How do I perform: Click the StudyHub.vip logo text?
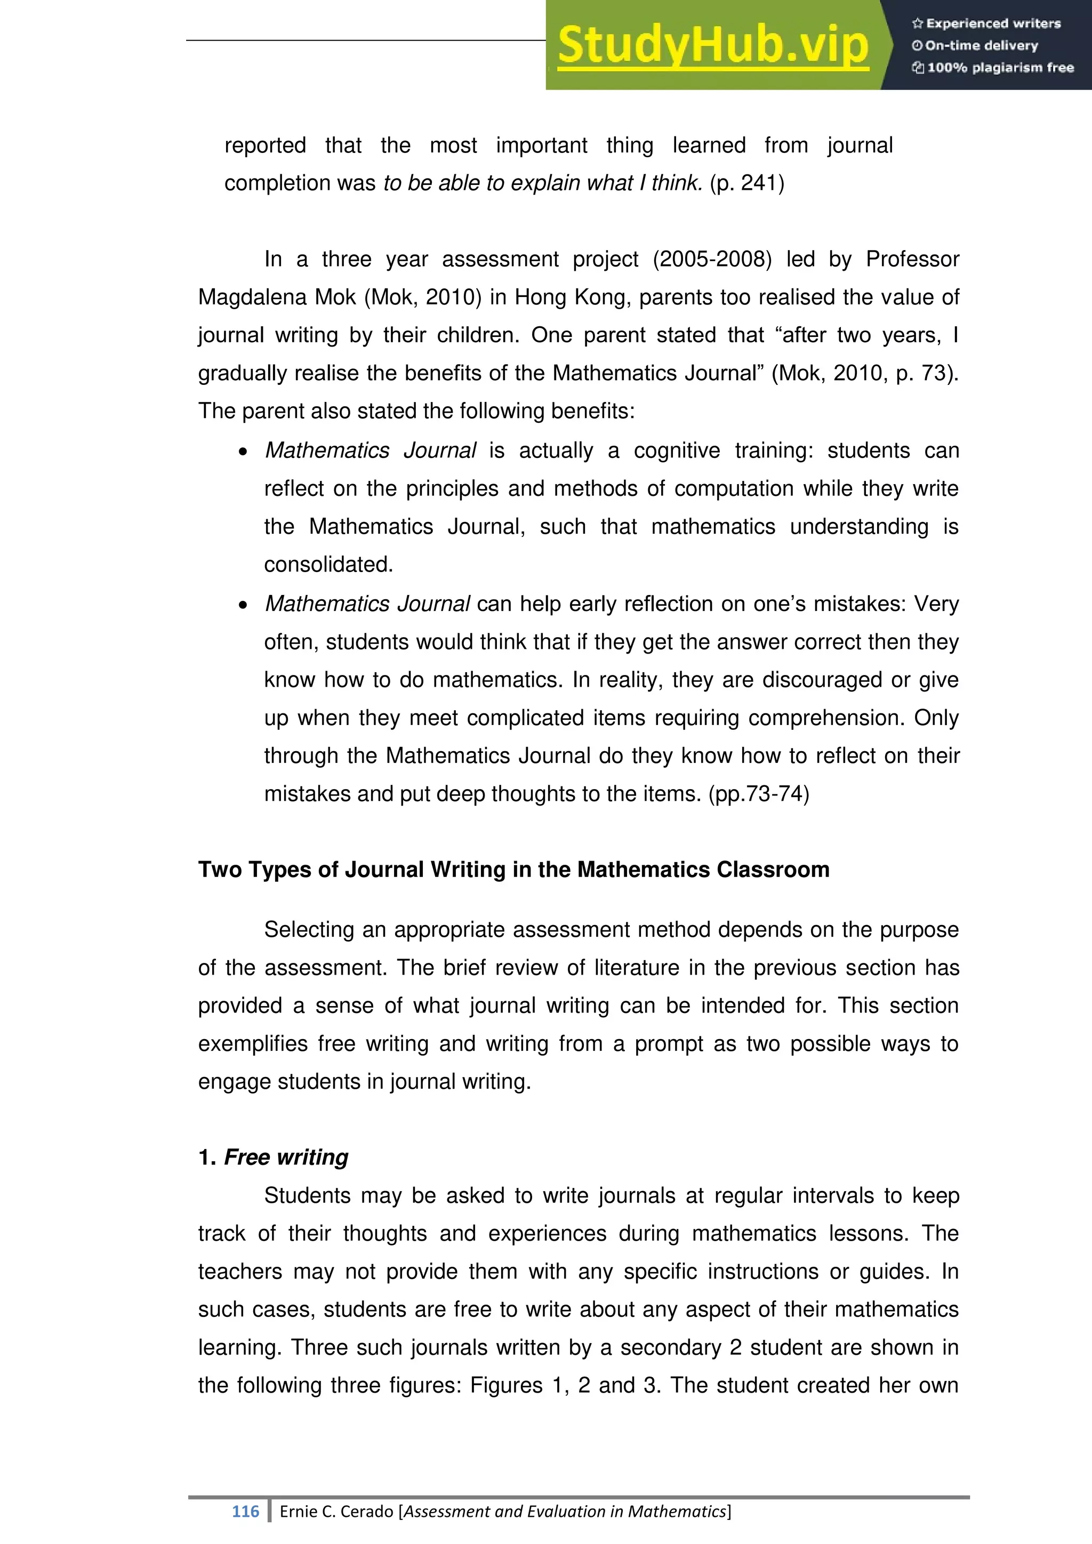click(713, 46)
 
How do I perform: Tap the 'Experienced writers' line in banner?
click(986, 23)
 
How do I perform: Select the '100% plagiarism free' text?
click(993, 68)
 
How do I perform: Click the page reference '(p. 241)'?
click(747, 183)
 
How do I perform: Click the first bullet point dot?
click(243, 452)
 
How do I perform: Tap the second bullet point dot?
click(243, 605)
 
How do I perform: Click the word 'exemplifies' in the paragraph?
click(252, 1044)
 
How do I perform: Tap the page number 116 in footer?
click(245, 1511)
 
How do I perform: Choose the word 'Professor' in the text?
click(912, 260)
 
